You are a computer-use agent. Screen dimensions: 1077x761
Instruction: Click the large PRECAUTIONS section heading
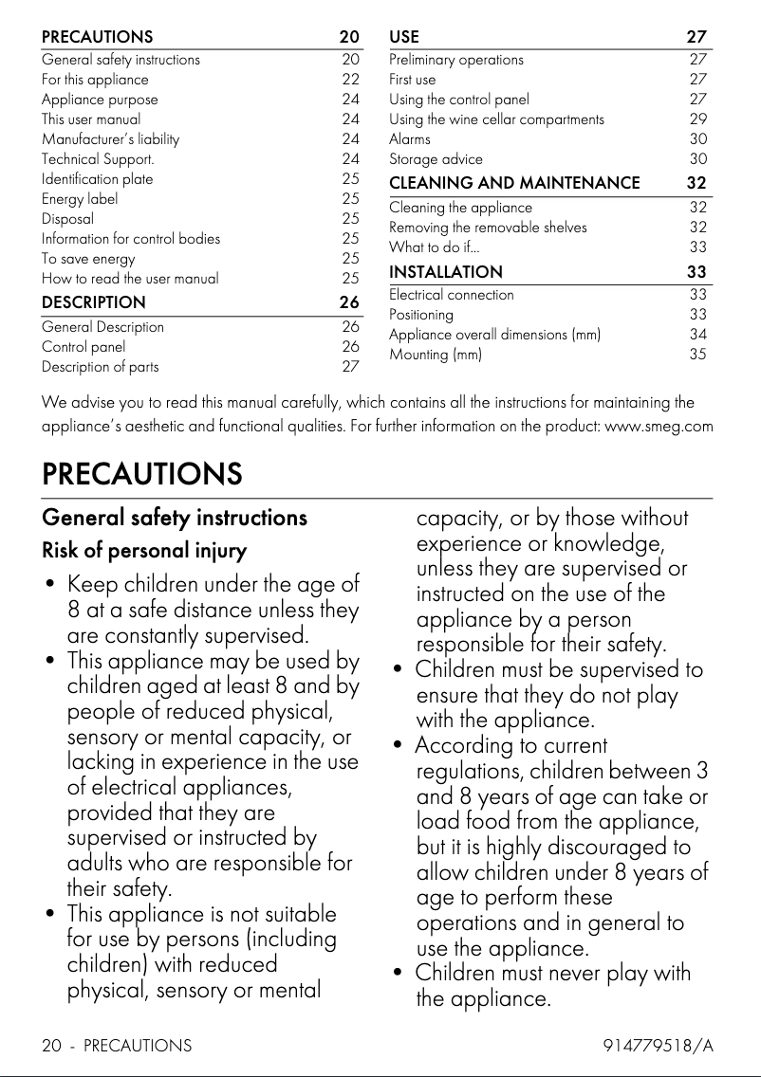point(141,473)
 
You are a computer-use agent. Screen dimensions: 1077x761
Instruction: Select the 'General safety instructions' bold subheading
point(175,518)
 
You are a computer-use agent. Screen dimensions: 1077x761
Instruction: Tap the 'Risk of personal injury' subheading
point(144,550)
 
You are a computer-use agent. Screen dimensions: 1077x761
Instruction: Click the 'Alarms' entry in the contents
point(409,139)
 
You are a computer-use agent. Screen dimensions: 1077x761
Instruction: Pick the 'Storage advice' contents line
point(436,159)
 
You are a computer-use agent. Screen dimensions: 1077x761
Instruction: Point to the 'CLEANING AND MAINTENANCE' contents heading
point(514,182)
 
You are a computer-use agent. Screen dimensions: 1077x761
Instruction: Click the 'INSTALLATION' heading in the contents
point(446,272)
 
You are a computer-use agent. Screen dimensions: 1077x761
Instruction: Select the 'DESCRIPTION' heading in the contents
point(94,302)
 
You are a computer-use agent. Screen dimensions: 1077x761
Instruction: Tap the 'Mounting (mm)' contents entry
point(436,355)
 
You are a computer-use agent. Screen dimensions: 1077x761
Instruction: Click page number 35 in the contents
point(697,355)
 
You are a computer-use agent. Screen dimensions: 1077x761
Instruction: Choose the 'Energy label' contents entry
point(80,199)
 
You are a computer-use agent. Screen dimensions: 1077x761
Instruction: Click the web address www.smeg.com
point(659,427)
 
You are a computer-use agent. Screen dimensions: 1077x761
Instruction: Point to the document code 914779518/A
point(658,1046)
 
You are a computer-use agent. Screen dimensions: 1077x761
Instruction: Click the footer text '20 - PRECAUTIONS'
point(117,1046)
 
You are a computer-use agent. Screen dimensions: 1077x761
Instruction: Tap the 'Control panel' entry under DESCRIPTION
point(84,347)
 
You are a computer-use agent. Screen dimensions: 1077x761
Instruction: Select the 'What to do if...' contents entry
point(434,247)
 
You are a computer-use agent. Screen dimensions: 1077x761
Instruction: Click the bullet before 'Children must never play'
point(399,974)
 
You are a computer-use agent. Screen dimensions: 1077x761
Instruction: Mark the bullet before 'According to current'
point(399,746)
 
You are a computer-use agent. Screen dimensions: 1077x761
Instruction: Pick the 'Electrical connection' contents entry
point(452,295)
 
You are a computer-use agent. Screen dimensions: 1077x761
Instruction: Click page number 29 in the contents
point(697,119)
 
